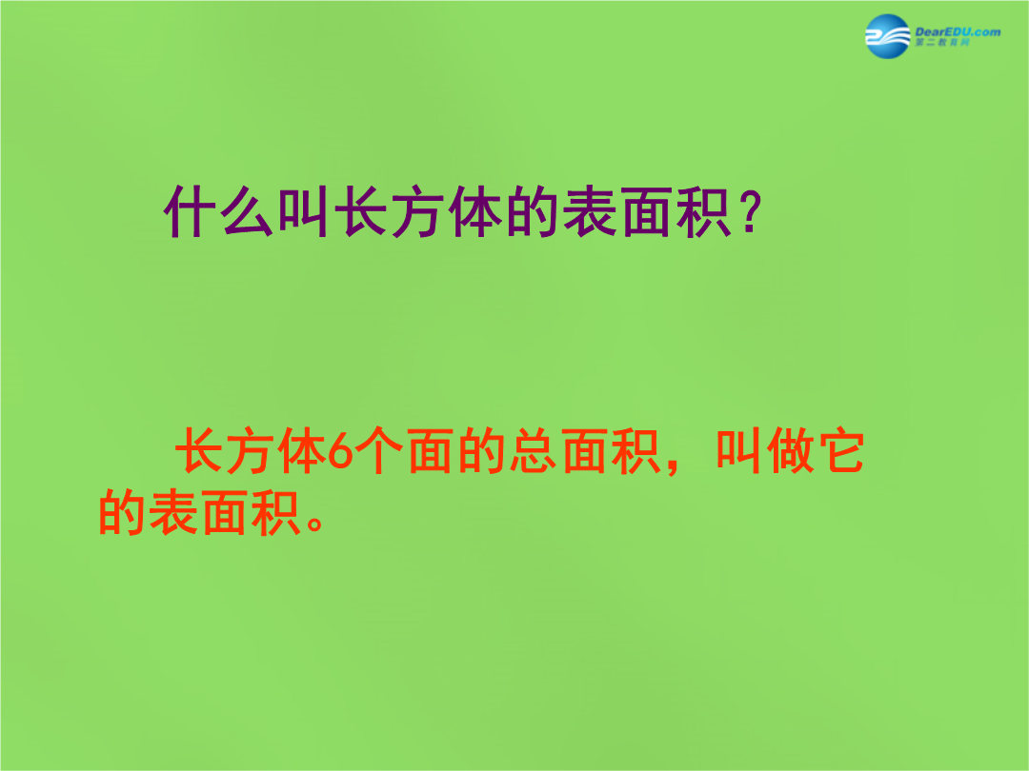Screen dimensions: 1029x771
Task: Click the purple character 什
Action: (190, 211)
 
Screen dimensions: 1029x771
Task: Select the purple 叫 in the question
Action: (304, 211)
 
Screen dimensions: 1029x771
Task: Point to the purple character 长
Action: (361, 211)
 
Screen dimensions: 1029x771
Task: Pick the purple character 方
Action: (418, 211)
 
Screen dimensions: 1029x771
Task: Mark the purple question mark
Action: (751, 211)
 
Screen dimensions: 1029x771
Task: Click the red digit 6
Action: (340, 451)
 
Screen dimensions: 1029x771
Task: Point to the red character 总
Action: (533, 450)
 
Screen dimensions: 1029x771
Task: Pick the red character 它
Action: (840, 450)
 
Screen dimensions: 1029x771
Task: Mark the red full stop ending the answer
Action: (314, 523)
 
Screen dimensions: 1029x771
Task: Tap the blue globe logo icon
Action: (887, 37)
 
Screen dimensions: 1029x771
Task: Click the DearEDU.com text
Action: (958, 31)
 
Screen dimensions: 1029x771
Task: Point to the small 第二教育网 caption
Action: (942, 43)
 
